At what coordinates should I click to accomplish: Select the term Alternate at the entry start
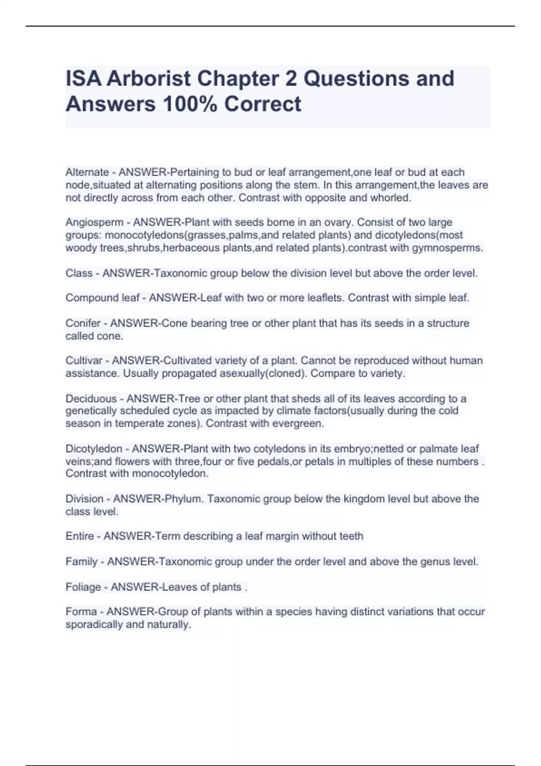coord(87,172)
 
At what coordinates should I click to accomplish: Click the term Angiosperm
coord(94,222)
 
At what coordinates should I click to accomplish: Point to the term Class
coord(79,273)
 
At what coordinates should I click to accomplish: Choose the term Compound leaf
coord(102,298)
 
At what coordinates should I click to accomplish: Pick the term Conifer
coord(83,323)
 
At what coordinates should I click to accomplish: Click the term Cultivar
coord(84,360)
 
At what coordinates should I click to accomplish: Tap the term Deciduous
coord(91,398)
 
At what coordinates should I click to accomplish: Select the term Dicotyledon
coord(94,449)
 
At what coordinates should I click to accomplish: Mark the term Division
coord(84,499)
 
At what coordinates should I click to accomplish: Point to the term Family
coord(81,561)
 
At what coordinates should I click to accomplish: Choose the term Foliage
coord(83,587)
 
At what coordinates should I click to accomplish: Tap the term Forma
coord(81,611)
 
